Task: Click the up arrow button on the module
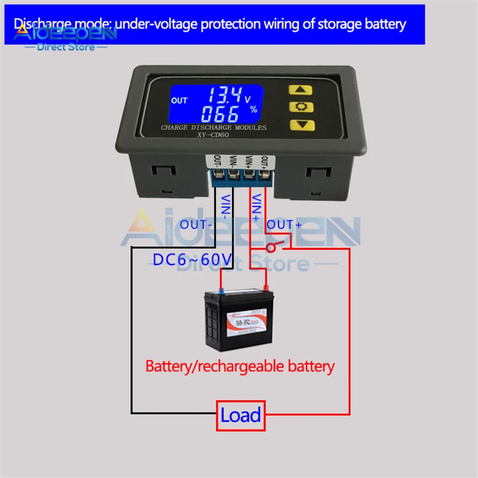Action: pyautogui.click(x=301, y=91)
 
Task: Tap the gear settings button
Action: pyautogui.click(x=301, y=108)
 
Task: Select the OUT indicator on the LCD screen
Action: pyautogui.click(x=179, y=100)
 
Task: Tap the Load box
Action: pyautogui.click(x=241, y=415)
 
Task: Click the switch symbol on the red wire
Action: pyautogui.click(x=272, y=246)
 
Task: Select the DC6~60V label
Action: pyautogui.click(x=192, y=260)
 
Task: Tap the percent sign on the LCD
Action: pyautogui.click(x=253, y=109)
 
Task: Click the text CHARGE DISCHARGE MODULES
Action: pyautogui.click(x=213, y=128)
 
